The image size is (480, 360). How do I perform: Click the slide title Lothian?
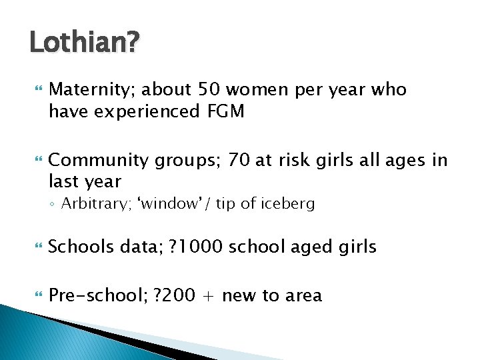(x=85, y=44)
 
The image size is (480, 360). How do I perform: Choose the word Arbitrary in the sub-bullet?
(x=90, y=204)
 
